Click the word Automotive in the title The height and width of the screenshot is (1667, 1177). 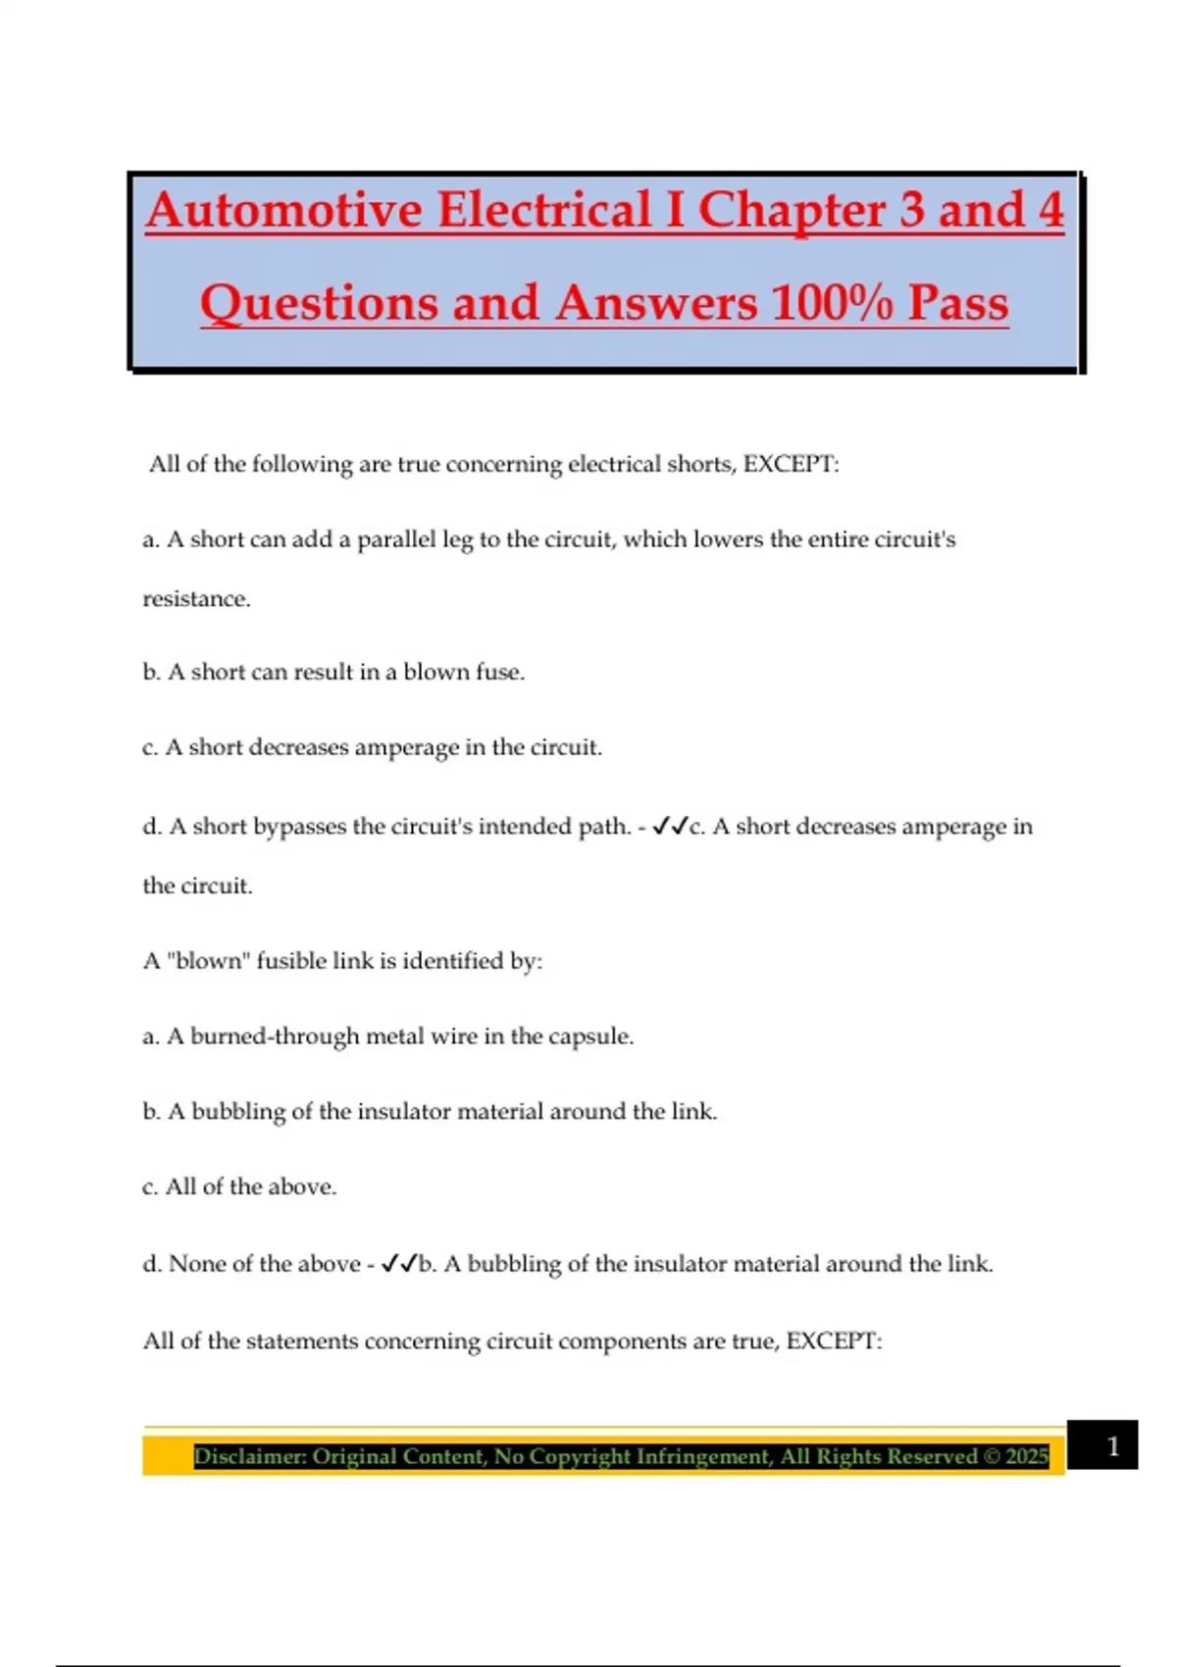pos(284,211)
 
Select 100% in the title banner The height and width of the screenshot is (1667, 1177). pos(831,303)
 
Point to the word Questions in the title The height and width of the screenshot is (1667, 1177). pos(320,303)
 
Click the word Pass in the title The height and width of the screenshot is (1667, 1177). pos(957,303)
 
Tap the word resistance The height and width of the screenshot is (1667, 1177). pos(196,599)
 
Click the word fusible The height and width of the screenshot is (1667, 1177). pos(291,961)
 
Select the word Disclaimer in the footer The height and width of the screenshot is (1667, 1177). pos(249,1456)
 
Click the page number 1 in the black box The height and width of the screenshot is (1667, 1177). pos(1112,1446)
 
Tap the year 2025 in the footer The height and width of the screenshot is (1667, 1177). pos(1027,1456)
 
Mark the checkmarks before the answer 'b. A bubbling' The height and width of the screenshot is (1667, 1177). pos(399,1264)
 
